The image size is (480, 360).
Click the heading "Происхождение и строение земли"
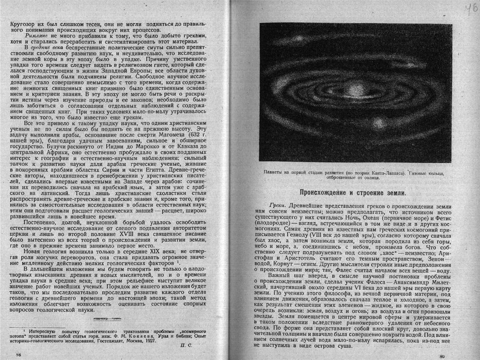point(352,192)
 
